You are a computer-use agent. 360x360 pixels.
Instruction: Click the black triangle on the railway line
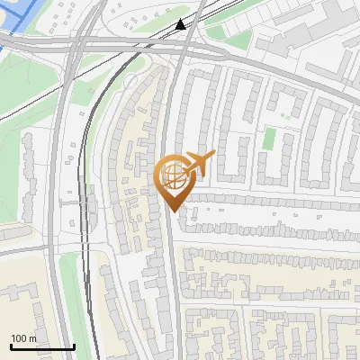(181, 24)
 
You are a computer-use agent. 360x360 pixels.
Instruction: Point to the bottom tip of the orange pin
(172, 211)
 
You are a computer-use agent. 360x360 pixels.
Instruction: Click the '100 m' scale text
(23, 338)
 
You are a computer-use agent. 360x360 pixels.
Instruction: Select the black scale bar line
(41, 347)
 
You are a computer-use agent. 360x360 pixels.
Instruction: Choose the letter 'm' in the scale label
(32, 338)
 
